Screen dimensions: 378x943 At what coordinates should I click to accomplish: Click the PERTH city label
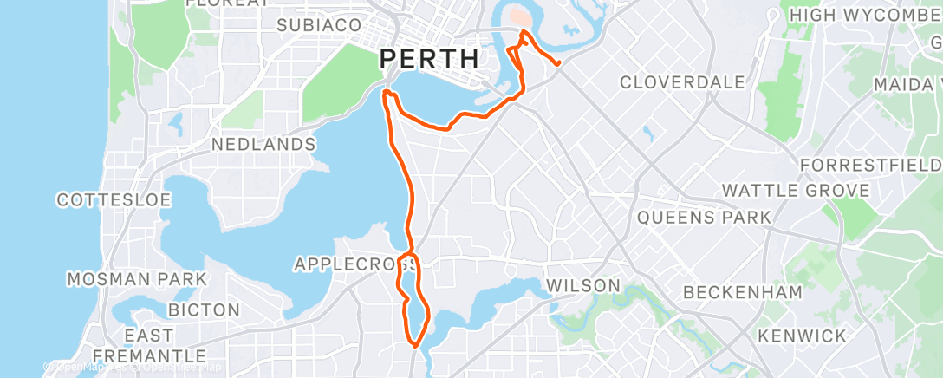tap(429, 59)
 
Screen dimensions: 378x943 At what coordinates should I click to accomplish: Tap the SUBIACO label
tap(318, 26)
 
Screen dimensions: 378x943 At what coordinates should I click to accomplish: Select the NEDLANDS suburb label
tap(263, 143)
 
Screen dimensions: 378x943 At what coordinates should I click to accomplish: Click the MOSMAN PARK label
tap(137, 279)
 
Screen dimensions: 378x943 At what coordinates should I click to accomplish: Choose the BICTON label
tap(204, 310)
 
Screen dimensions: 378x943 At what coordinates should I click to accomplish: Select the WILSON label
tap(582, 285)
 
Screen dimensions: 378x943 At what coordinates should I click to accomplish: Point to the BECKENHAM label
tap(743, 292)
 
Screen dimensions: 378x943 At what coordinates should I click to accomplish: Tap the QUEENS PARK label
tap(704, 217)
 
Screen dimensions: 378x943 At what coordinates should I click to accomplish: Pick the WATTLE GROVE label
tap(796, 190)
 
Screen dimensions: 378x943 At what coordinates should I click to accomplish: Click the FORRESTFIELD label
tap(871, 164)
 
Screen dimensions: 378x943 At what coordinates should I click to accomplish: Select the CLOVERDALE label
tap(682, 82)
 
